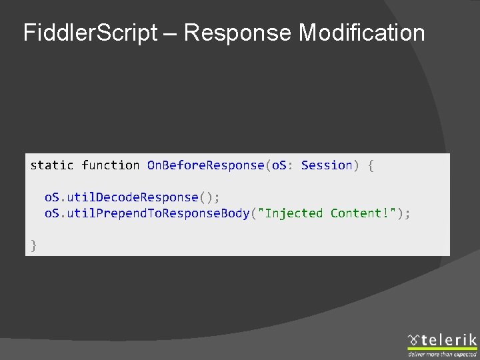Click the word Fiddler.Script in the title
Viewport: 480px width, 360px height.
pos(89,33)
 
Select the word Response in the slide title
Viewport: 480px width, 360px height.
pos(237,33)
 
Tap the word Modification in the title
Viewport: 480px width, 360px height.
pos(361,33)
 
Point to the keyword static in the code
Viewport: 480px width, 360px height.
pos(52,165)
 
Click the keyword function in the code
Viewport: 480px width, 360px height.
pos(111,165)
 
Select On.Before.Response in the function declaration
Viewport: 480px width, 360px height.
pos(205,165)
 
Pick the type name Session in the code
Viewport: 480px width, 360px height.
pos(327,165)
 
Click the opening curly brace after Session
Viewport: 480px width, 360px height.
pos(371,165)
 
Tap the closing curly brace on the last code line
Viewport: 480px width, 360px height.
pos(33,245)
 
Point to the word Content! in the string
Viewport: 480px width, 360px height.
pos(363,213)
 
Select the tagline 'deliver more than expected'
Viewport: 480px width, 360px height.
pos(442,355)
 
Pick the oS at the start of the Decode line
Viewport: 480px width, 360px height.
pos(51,197)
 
